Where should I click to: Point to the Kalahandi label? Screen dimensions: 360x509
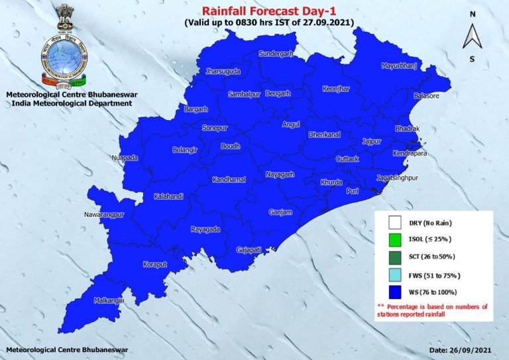click(168, 197)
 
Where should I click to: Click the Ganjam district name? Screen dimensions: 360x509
click(280, 213)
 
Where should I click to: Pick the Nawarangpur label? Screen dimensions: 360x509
click(105, 215)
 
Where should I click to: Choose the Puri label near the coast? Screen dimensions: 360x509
click(353, 190)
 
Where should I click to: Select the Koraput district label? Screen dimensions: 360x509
click(156, 265)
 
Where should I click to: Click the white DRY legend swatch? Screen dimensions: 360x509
click(396, 223)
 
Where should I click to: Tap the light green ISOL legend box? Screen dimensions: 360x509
click(396, 239)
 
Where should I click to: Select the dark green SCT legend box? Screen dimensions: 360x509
click(396, 257)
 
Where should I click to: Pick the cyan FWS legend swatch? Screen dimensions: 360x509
click(396, 274)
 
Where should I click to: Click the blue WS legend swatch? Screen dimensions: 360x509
click(396, 292)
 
